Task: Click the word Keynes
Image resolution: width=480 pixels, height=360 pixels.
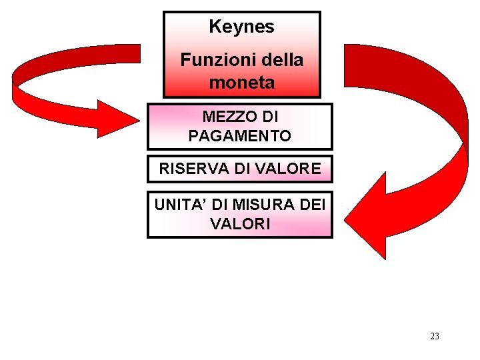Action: tap(241, 27)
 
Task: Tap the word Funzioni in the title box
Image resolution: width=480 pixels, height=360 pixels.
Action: tap(209, 60)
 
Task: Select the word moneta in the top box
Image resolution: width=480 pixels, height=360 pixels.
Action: tap(241, 83)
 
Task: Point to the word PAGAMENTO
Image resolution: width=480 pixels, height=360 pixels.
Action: tap(239, 136)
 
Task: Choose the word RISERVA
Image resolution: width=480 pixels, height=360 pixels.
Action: tap(194, 169)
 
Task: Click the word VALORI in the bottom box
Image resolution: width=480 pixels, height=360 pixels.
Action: tap(240, 224)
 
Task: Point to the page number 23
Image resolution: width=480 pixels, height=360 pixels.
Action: tap(435, 336)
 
